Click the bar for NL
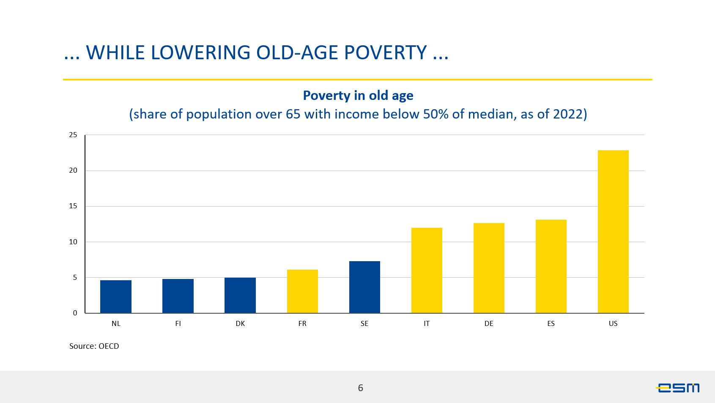pyautogui.click(x=116, y=296)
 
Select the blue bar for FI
pyautogui.click(x=178, y=296)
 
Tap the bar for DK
pyautogui.click(x=240, y=295)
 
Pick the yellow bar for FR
pyautogui.click(x=302, y=291)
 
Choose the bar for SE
pyautogui.click(x=364, y=287)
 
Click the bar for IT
pyautogui.click(x=427, y=271)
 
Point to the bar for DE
pyautogui.click(x=489, y=268)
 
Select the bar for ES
pyautogui.click(x=551, y=266)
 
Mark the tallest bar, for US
pyautogui.click(x=613, y=232)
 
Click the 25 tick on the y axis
pyautogui.click(x=73, y=135)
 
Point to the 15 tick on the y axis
pyautogui.click(x=73, y=206)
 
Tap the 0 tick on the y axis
pyautogui.click(x=75, y=313)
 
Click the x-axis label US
pyautogui.click(x=613, y=324)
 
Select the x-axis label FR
pyautogui.click(x=302, y=324)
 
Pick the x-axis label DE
pyautogui.click(x=489, y=324)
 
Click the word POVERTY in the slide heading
pyautogui.click(x=385, y=53)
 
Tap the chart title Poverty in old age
pyautogui.click(x=358, y=96)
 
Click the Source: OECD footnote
pyautogui.click(x=94, y=346)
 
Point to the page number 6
pyautogui.click(x=361, y=388)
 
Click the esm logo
pyautogui.click(x=678, y=387)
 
